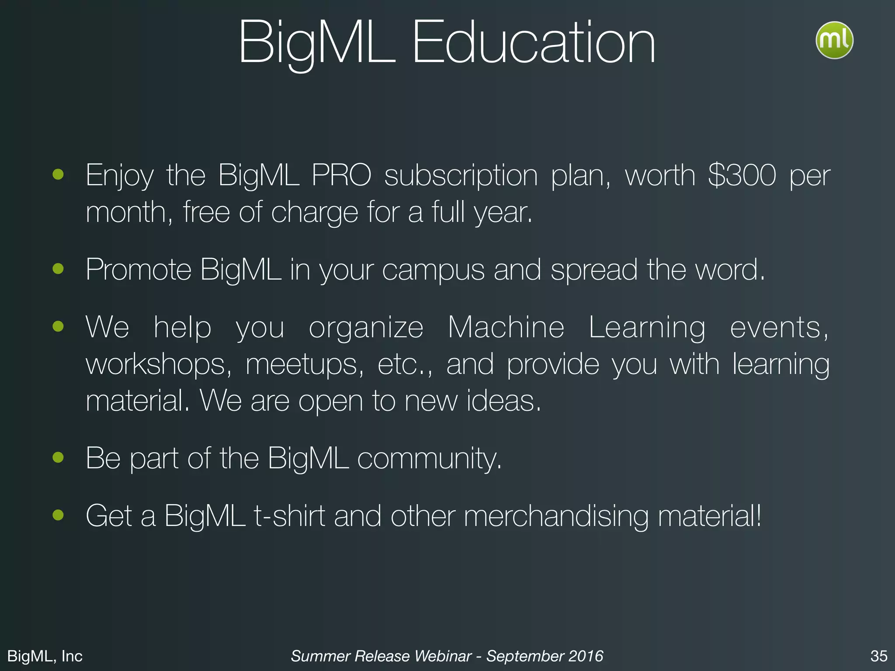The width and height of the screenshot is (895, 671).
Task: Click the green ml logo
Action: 834,40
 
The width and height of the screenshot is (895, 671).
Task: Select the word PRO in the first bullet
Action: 341,176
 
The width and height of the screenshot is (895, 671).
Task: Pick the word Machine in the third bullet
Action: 506,327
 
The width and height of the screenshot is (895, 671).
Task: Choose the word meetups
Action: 304,365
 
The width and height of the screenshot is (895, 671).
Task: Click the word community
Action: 429,459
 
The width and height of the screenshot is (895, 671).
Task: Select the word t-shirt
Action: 289,516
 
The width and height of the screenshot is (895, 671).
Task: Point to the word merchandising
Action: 556,517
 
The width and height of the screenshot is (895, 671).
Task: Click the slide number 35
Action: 879,656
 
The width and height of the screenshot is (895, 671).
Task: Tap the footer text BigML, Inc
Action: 45,656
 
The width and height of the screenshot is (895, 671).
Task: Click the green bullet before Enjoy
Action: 58,175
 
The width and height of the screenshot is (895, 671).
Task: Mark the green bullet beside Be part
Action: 58,457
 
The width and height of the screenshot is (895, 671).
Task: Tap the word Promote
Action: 138,270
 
